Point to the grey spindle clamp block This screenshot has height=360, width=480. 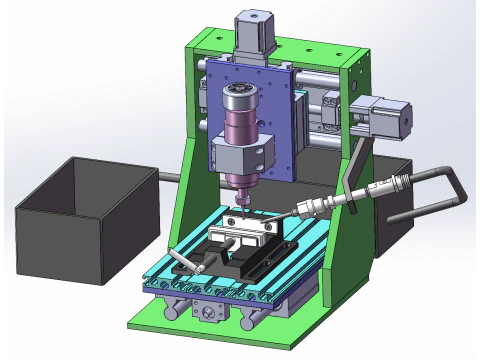point(242,156)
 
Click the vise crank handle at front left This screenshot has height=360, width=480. point(181,259)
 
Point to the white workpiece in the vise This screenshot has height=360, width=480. point(240,231)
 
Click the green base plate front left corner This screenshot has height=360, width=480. point(140,325)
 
